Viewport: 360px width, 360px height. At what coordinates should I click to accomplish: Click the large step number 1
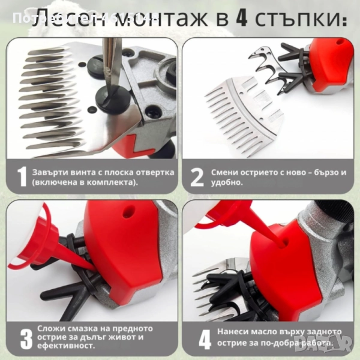click(22, 176)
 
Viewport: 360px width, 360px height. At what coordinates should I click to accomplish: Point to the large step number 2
click(197, 176)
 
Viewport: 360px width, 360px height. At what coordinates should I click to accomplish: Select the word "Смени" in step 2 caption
click(226, 172)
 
